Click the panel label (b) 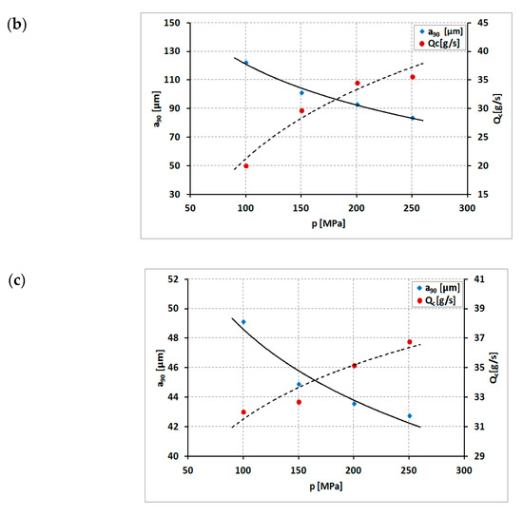pos(15,21)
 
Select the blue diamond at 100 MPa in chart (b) pos(246,63)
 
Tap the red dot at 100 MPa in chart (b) pos(246,165)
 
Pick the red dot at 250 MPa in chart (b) pos(413,77)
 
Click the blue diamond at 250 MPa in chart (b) pos(413,118)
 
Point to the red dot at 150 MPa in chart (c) pos(299,402)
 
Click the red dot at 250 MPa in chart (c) pos(410,342)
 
